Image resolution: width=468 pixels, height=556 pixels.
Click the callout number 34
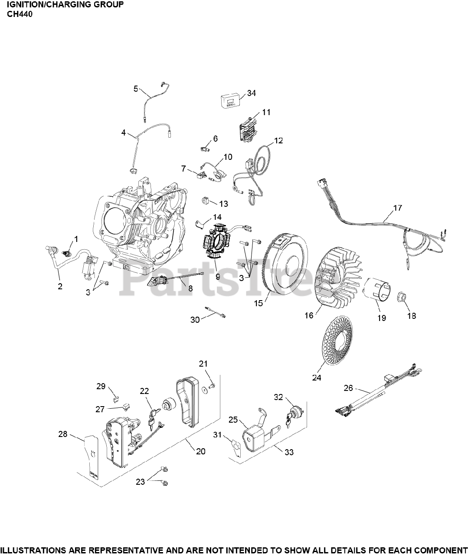(252, 93)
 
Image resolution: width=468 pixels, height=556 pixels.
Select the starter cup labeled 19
(376, 291)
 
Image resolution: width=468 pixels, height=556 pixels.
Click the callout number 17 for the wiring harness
(397, 208)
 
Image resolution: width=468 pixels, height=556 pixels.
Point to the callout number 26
(348, 388)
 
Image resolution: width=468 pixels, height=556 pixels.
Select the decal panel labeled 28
(91, 456)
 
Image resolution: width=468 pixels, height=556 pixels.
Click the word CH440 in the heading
(20, 14)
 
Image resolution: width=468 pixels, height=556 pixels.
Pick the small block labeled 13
(206, 202)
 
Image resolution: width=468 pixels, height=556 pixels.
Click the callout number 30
(195, 320)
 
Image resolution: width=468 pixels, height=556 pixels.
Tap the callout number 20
(200, 451)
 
